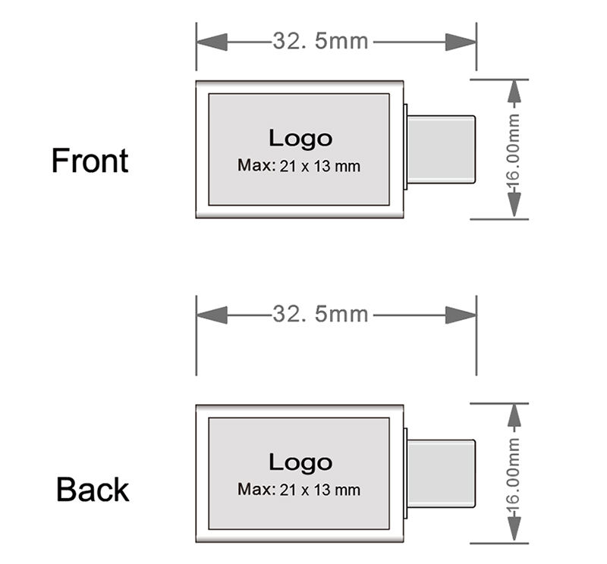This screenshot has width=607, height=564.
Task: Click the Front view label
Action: click(x=90, y=161)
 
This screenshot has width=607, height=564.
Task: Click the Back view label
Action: click(x=93, y=490)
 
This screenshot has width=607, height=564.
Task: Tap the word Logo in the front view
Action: click(x=300, y=138)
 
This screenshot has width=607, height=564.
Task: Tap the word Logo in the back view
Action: click(x=300, y=462)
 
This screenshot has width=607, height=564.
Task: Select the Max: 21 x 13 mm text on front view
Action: click(x=298, y=165)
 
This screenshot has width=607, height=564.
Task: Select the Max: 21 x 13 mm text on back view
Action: click(x=298, y=489)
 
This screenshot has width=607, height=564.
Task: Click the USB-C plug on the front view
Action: click(x=442, y=149)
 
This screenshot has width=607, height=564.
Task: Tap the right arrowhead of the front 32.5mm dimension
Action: click(x=461, y=41)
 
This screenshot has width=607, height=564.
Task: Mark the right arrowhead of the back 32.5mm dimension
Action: click(x=461, y=313)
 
